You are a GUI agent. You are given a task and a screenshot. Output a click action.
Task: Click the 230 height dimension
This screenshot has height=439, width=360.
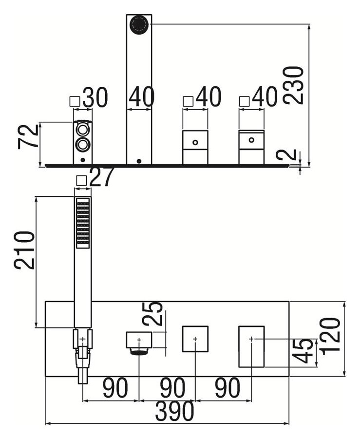(x=293, y=85)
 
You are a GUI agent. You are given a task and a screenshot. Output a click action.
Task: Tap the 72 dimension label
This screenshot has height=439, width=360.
(x=28, y=136)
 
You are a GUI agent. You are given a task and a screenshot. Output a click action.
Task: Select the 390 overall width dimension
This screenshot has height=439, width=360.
(x=174, y=411)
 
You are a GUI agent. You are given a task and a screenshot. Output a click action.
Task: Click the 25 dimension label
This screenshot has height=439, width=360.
(x=152, y=314)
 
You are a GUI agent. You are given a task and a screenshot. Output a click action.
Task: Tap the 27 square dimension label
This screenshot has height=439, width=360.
(x=102, y=177)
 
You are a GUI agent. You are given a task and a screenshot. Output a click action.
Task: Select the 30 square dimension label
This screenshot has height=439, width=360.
(x=95, y=97)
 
